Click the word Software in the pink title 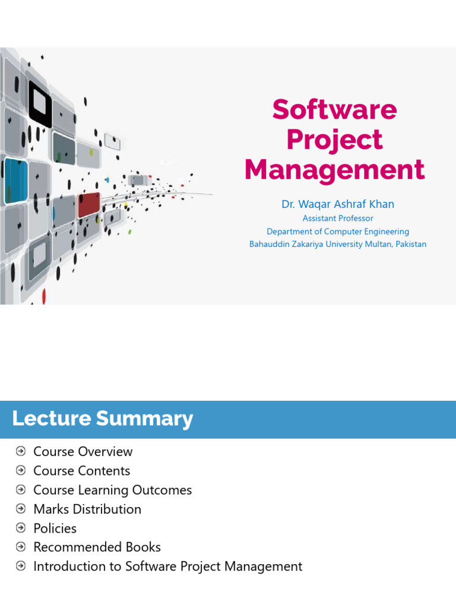click(334, 110)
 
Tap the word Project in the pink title click(334, 140)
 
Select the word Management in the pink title click(334, 170)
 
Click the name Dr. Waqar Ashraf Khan click(337, 204)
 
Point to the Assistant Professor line click(337, 218)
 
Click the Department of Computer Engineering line click(337, 232)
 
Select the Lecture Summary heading click(103, 419)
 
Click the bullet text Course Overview click(83, 452)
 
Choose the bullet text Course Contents click(81, 471)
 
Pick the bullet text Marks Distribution click(87, 509)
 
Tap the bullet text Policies click(55, 528)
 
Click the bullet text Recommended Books click(97, 547)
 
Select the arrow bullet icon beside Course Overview click(21, 451)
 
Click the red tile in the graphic click(88, 204)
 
